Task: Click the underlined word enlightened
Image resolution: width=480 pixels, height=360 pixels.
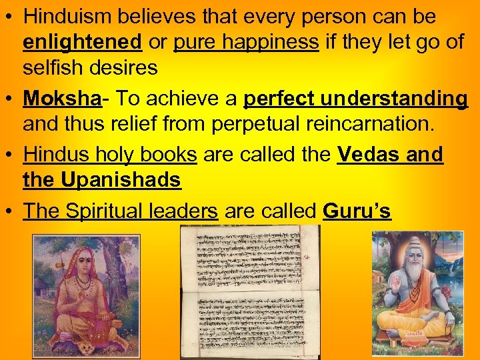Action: (82, 43)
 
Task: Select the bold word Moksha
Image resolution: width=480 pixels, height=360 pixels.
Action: (62, 99)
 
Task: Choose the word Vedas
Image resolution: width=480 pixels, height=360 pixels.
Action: (368, 155)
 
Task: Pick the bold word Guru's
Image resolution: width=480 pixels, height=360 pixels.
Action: (357, 211)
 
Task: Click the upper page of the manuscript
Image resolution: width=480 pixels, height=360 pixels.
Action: (249, 257)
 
